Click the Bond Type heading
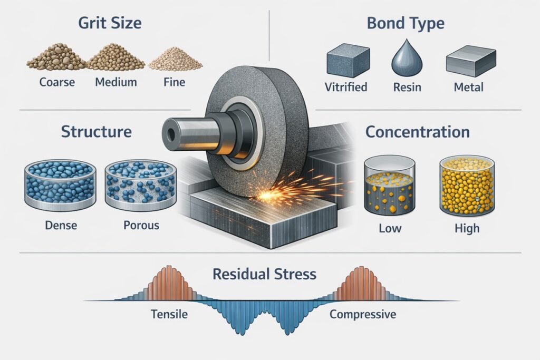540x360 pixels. click(x=406, y=23)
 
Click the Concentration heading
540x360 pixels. click(x=418, y=132)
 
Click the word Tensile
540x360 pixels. click(x=166, y=315)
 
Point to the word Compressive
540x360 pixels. click(x=363, y=315)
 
